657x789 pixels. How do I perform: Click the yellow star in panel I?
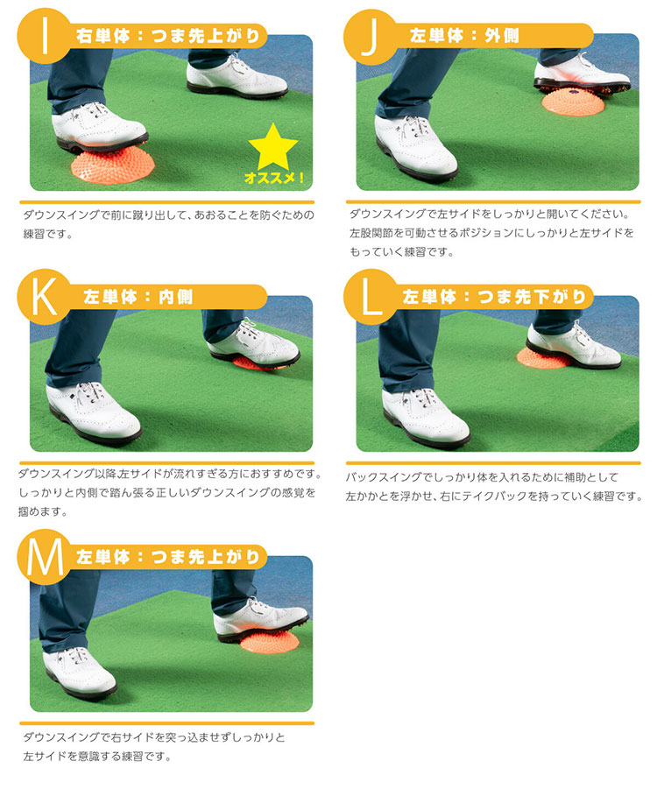272,147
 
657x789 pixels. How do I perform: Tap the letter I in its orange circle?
45,36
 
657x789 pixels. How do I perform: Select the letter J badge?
371,37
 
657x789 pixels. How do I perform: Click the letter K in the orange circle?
44,297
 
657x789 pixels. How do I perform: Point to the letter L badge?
371,297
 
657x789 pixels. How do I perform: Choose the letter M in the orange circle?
45,557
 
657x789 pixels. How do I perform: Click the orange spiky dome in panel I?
109,165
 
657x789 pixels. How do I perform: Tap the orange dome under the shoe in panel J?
571,102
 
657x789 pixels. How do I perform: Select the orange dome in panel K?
256,363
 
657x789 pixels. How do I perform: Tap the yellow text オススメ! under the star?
274,178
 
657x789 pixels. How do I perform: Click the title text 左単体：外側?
463,36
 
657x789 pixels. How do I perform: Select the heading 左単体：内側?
138,297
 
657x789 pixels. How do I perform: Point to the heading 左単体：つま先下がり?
494,296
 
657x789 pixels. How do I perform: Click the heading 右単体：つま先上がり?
168,36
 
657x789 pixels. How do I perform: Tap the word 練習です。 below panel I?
48,235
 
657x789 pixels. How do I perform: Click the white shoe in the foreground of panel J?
416,147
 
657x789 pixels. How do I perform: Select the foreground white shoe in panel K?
93,412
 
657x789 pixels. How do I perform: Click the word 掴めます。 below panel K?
43,511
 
